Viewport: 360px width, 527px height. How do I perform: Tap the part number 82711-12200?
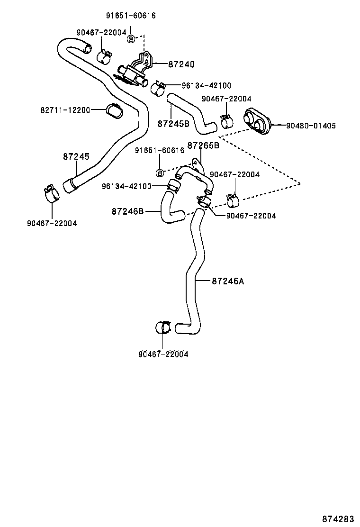point(65,110)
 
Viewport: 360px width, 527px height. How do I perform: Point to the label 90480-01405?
point(311,126)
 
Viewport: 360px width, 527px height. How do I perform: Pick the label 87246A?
point(227,281)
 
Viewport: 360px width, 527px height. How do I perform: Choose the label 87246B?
point(128,211)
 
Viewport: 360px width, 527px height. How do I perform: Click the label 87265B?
point(203,145)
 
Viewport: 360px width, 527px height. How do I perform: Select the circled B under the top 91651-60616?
point(131,39)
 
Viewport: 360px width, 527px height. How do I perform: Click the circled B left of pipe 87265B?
point(160,173)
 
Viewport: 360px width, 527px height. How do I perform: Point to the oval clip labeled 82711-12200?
point(114,110)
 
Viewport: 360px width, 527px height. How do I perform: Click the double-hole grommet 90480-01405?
point(258,121)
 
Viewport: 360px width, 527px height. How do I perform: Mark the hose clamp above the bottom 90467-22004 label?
point(163,328)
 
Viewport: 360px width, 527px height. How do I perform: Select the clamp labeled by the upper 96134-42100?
point(158,88)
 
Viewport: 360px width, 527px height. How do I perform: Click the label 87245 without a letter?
point(76,156)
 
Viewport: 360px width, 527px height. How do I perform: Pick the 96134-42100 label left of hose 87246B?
point(126,186)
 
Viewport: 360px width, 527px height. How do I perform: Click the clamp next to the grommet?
point(227,121)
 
